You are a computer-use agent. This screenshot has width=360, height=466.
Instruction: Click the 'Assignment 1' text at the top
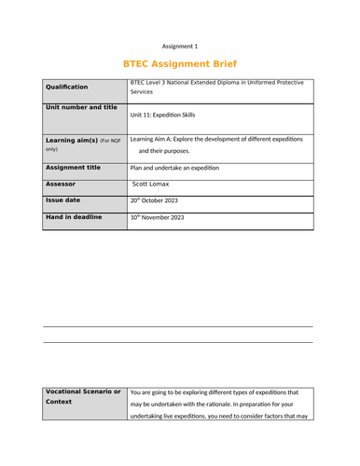tap(180, 46)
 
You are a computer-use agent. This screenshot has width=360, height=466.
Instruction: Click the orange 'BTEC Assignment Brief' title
tap(180, 64)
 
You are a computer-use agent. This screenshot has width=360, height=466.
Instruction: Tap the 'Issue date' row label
tap(64, 200)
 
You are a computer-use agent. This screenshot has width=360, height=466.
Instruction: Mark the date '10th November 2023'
tap(164, 217)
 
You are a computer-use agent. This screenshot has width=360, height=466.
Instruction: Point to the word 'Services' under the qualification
tap(145, 93)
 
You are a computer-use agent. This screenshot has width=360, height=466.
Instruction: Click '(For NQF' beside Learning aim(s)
tap(110, 140)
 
